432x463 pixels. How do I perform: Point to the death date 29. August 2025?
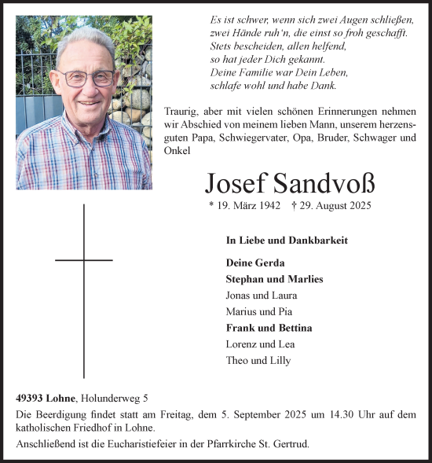(331, 206)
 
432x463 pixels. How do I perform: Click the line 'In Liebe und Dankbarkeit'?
(286, 241)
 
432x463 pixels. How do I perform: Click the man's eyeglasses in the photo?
(88, 78)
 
